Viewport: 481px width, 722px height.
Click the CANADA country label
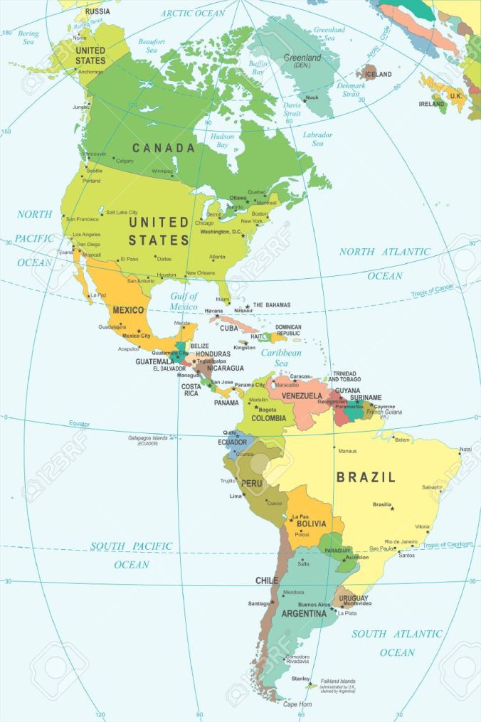(x=163, y=148)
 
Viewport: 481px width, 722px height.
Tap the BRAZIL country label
(x=366, y=477)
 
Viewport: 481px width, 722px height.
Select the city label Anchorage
(x=90, y=72)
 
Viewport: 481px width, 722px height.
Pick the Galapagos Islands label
(x=148, y=438)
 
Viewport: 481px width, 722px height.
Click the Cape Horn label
(x=297, y=704)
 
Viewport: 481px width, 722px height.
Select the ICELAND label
(x=378, y=74)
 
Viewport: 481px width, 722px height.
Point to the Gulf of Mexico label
(x=184, y=301)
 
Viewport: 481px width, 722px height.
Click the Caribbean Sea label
(x=281, y=358)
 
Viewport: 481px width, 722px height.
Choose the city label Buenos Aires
(x=314, y=605)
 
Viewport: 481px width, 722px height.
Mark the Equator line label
(x=79, y=424)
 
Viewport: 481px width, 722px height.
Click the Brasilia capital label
(x=382, y=504)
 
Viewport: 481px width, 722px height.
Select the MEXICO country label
(x=128, y=310)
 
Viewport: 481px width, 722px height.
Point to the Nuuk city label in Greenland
(x=312, y=97)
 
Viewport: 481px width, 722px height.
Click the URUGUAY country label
(x=354, y=598)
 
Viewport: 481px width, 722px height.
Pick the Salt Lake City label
(x=122, y=212)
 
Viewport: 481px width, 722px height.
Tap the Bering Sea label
(x=28, y=38)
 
